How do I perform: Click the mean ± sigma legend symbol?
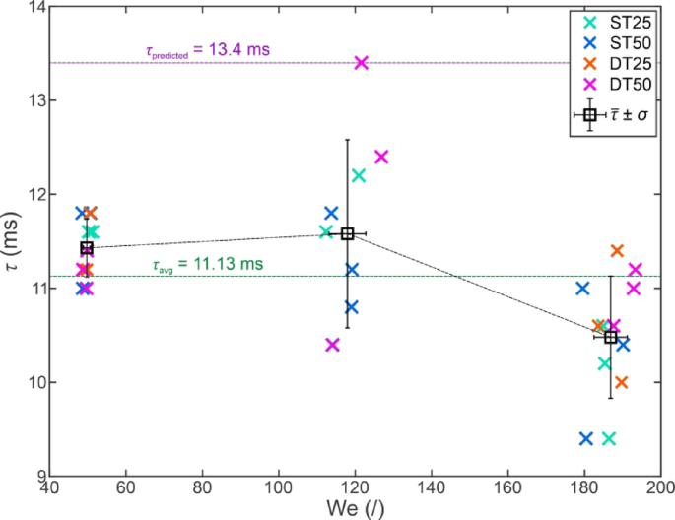(589, 115)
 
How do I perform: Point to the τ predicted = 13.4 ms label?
(207, 50)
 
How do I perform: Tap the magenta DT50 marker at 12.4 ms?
(381, 157)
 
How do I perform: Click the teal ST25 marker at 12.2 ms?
(359, 175)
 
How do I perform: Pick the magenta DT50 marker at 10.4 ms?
(332, 345)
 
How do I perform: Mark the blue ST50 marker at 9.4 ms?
(586, 438)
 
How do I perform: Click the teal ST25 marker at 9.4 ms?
(609, 438)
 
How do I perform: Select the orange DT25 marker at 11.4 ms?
(617, 251)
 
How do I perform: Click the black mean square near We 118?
(347, 233)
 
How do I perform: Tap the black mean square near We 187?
(611, 337)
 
